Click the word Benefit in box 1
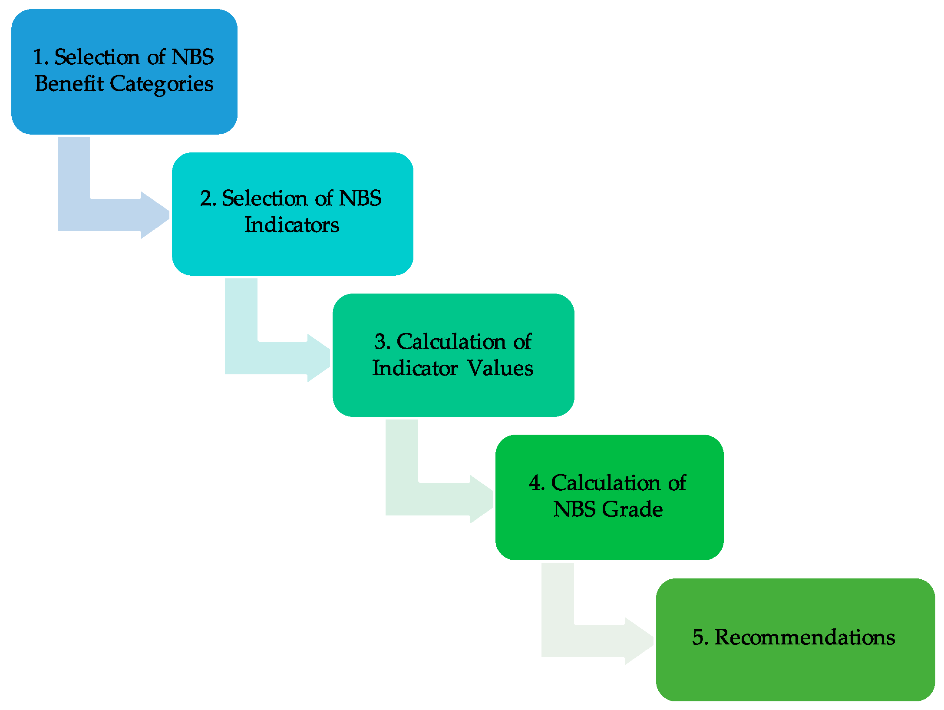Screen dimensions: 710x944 point(69,83)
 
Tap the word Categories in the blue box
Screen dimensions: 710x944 point(162,84)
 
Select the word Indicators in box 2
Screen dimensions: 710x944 point(292,225)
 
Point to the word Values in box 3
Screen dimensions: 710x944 point(500,368)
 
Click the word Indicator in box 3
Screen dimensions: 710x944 point(415,368)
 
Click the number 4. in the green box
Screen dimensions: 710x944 point(537,483)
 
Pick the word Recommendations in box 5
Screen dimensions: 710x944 point(805,637)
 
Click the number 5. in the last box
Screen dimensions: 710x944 point(700,637)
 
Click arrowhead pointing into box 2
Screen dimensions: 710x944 point(155,215)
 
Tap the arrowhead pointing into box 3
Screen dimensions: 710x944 point(319,358)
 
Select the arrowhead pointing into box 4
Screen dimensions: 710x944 point(482,499)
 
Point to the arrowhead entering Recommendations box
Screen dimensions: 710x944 point(639,641)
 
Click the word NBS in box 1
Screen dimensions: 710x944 point(192,57)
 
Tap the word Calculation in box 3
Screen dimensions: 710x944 point(451,342)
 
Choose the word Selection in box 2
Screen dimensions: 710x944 point(264,198)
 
